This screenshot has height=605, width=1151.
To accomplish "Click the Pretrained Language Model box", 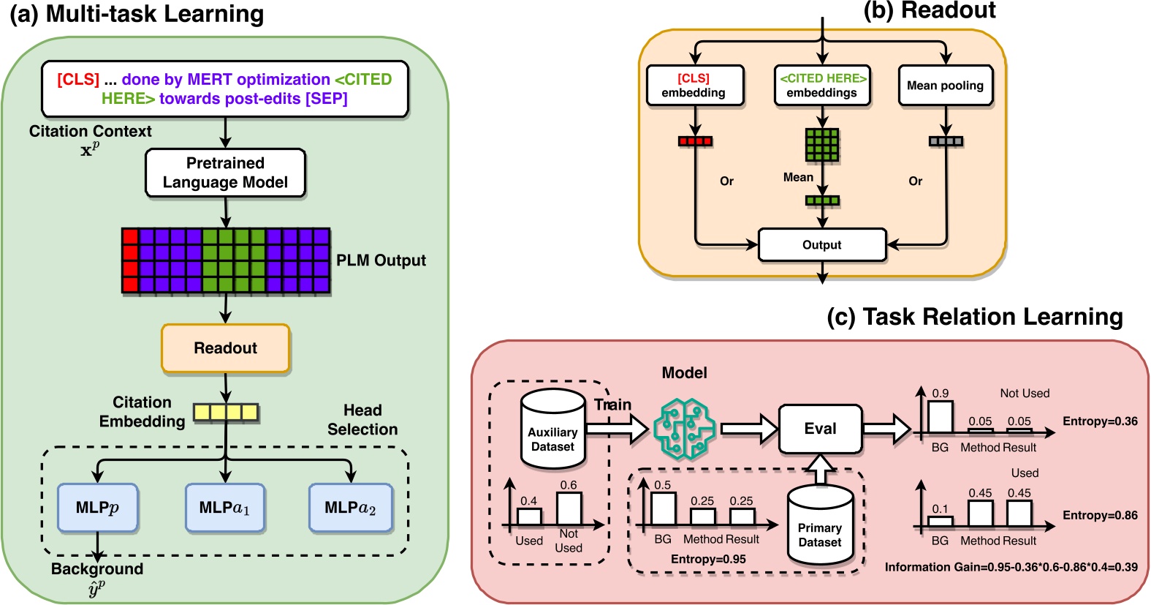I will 225,173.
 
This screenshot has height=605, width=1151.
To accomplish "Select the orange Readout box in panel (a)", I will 225,348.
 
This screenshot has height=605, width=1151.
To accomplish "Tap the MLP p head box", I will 97,507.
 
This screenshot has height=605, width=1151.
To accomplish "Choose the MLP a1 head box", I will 224,507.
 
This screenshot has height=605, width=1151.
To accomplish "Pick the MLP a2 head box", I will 350,507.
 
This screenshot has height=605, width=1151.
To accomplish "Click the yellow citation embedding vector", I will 226,413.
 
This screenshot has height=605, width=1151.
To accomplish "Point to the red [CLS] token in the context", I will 78,79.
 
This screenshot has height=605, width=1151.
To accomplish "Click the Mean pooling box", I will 945,86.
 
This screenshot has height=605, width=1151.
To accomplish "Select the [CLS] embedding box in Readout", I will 694,86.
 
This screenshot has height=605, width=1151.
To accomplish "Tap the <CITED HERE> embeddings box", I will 822,86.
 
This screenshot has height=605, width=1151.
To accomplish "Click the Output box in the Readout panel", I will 822,245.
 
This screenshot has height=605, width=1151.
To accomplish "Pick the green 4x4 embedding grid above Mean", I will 822,145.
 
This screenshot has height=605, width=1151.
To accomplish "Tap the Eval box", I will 820,429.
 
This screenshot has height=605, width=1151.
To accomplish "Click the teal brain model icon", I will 684,429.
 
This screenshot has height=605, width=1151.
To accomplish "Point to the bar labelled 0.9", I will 941,417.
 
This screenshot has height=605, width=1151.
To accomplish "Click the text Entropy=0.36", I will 1099,421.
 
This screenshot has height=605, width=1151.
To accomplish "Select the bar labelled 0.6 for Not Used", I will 569,508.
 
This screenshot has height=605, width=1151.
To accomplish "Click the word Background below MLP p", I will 97,569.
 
